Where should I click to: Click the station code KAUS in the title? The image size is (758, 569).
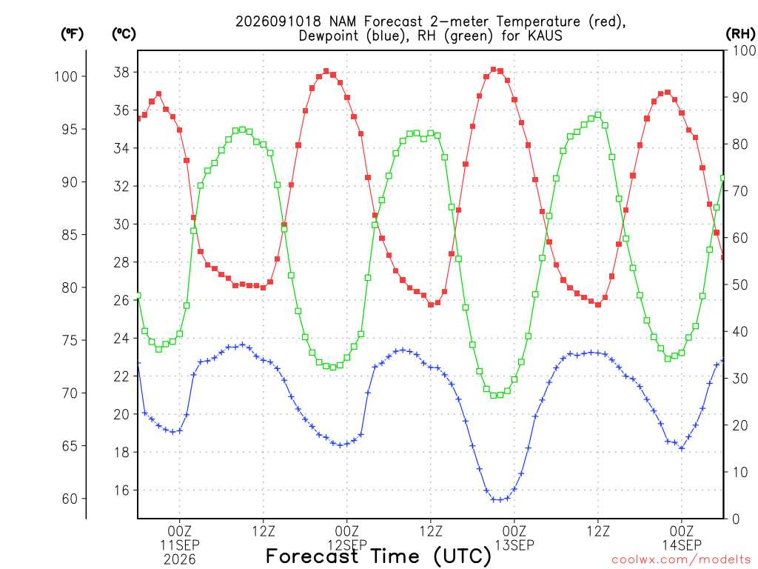(x=545, y=36)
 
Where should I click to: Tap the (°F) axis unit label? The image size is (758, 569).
(x=72, y=34)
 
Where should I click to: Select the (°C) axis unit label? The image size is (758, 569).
(x=124, y=34)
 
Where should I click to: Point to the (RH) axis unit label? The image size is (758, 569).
(x=740, y=34)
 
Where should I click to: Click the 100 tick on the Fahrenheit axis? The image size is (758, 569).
(x=66, y=76)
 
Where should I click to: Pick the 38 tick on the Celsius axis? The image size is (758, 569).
(x=121, y=73)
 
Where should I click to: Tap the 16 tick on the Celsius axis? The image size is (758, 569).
(x=121, y=490)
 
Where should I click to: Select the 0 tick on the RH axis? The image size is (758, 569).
(x=736, y=519)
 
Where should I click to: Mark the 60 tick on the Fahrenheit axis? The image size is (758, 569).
(x=70, y=499)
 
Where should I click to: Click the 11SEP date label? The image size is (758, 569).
(x=180, y=545)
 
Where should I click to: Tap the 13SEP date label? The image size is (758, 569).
(x=514, y=545)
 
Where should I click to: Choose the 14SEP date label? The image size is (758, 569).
(x=682, y=545)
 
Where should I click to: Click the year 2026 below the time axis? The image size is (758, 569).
(x=180, y=560)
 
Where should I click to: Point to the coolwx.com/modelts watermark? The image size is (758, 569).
(x=681, y=560)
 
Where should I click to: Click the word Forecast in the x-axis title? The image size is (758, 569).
(x=312, y=556)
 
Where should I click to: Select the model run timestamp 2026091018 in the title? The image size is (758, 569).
(x=278, y=21)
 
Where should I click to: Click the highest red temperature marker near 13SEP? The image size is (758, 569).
(x=494, y=70)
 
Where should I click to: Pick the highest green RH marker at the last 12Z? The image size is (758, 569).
(x=598, y=115)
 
